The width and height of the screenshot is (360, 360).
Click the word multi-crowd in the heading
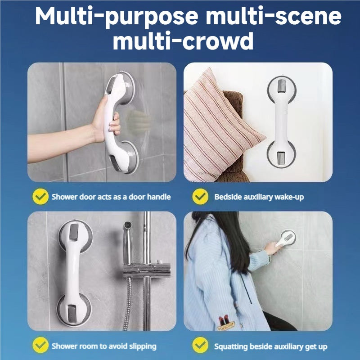(x=183, y=41)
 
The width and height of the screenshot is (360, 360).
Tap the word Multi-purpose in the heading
(x=117, y=17)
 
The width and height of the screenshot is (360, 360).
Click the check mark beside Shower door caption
(x=40, y=196)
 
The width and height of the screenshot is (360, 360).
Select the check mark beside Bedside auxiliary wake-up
(x=200, y=196)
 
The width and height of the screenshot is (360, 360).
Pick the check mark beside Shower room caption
(x=40, y=345)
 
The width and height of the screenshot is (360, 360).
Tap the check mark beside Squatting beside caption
(x=200, y=345)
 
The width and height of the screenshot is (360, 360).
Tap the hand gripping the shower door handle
(x=106, y=121)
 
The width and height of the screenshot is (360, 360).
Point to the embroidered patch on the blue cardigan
(x=226, y=323)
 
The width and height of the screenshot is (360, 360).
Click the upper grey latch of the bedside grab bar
(x=282, y=86)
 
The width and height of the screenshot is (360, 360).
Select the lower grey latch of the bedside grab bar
(x=282, y=158)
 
